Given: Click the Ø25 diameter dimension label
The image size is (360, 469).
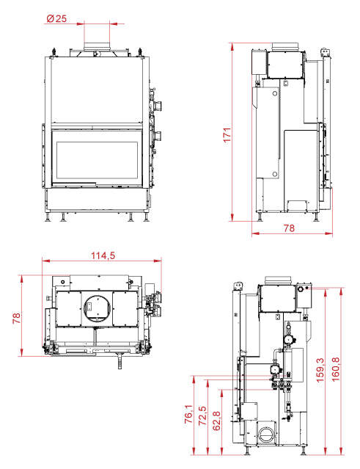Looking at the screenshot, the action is point(56,18).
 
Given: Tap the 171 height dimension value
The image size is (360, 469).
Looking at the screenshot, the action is point(227,135).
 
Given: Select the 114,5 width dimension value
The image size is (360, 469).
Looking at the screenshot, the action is point(103,255).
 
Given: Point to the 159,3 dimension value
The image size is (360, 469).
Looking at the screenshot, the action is point(320,370).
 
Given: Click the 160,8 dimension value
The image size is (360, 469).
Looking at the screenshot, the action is point(336,369).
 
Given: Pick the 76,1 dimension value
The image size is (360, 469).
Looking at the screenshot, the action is point(188,414).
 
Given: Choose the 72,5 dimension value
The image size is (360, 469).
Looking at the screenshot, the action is point(202,415).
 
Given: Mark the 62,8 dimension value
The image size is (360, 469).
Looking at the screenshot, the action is point(216,421).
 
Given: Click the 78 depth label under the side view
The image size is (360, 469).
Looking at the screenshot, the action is point(289,228).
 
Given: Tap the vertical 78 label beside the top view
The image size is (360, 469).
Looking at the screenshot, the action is point(16,318).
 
